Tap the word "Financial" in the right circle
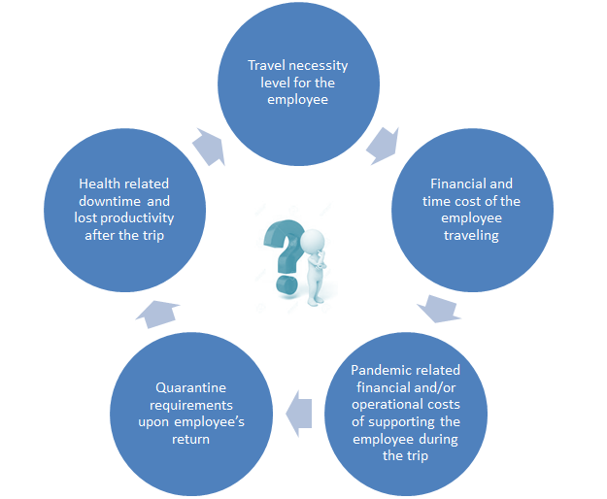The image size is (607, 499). point(455,183)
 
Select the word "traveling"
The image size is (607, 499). point(471,236)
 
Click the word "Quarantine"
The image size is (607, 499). point(191,387)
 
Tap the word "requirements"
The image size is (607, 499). point(191,406)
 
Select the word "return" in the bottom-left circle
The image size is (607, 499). point(191,440)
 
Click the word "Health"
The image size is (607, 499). point(95,183)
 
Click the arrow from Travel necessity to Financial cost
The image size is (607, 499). point(384,145)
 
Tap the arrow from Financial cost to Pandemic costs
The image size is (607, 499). point(439,309)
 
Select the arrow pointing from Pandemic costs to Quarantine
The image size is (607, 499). point(299,414)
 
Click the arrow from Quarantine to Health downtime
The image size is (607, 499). point(157,314)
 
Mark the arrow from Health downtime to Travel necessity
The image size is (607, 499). point(209,147)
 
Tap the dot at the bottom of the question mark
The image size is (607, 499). point(287,284)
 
